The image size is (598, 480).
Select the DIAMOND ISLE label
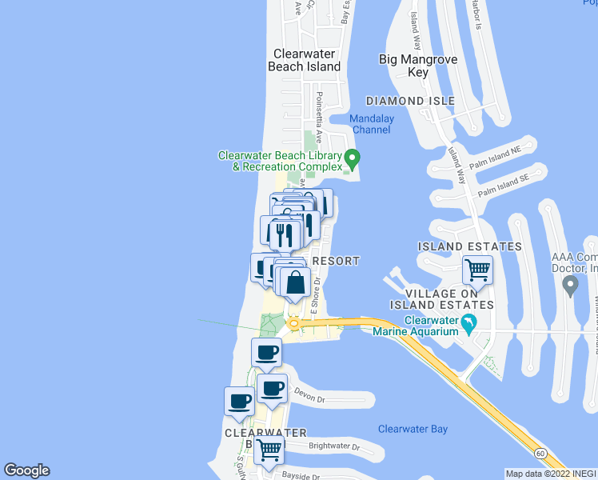tap(410, 101)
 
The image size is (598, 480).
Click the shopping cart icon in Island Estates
tap(477, 270)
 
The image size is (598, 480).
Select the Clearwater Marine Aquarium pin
tap(469, 324)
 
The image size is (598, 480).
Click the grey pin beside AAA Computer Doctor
tap(570, 286)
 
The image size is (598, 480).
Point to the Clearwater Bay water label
tap(413, 429)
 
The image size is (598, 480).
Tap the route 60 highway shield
tap(541, 453)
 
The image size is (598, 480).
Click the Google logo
tap(26, 470)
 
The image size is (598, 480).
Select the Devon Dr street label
tap(310, 394)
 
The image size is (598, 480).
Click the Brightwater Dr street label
tap(334, 446)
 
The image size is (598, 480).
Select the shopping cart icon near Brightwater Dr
tap(269, 449)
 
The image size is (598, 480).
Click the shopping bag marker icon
tap(295, 282)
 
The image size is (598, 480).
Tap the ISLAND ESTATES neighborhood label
tap(469, 246)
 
